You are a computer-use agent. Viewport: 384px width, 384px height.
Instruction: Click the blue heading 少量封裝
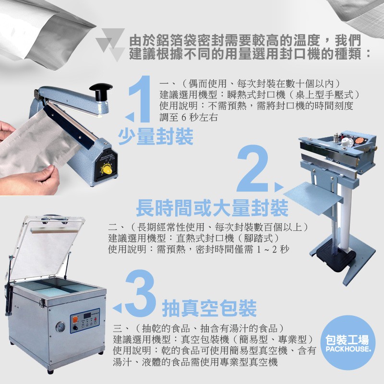point(156,136)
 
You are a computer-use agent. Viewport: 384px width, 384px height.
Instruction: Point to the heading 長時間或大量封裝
point(212,208)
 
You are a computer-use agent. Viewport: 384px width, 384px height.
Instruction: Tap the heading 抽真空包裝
point(209,308)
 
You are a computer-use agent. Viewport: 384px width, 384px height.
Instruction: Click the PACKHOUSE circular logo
point(348,342)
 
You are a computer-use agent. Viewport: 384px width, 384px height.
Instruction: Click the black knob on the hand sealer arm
point(101,91)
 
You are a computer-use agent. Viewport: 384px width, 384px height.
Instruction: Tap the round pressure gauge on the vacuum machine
point(60,327)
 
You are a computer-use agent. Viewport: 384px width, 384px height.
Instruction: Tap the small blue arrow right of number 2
point(279,187)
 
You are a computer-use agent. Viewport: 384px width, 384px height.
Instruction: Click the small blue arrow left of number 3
point(117,308)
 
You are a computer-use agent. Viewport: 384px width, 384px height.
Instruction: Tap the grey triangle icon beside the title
point(110,44)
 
